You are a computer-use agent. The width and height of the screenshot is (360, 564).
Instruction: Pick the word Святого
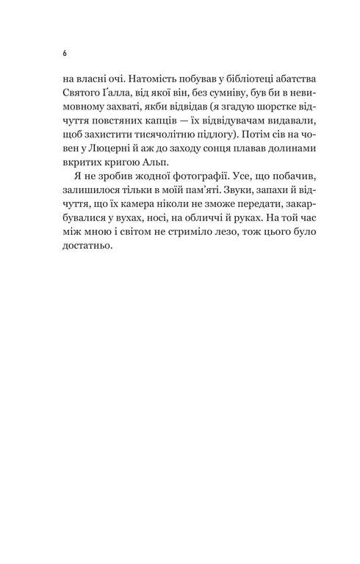coord(83,93)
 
